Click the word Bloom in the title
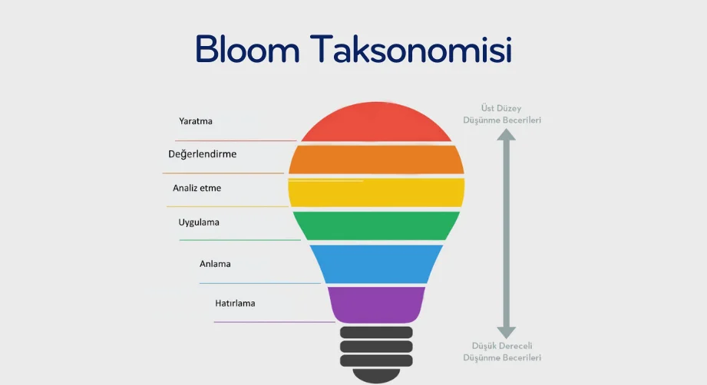pos(247,48)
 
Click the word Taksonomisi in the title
pos(411,48)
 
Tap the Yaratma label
pos(195,121)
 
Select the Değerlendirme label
pos(202,154)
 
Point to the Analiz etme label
pos(197,188)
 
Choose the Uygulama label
pos(199,222)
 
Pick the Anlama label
pos(215,264)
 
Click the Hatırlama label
pos(235,304)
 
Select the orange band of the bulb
pos(376,160)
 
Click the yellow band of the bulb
pos(376,192)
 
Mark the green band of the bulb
pos(376,225)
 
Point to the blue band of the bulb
pos(376,264)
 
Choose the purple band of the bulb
pos(376,304)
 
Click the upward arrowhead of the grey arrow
pos(507,135)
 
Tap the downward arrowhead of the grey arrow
pos(507,333)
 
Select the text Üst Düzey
pos(501,108)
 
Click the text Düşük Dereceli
pos(502,346)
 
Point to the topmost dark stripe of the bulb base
pos(376,332)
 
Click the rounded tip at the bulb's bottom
pos(376,376)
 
